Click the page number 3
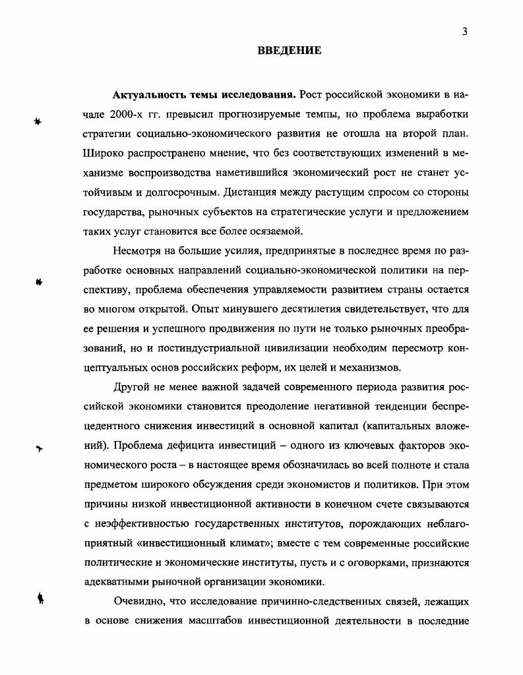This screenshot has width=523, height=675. click(x=464, y=32)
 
